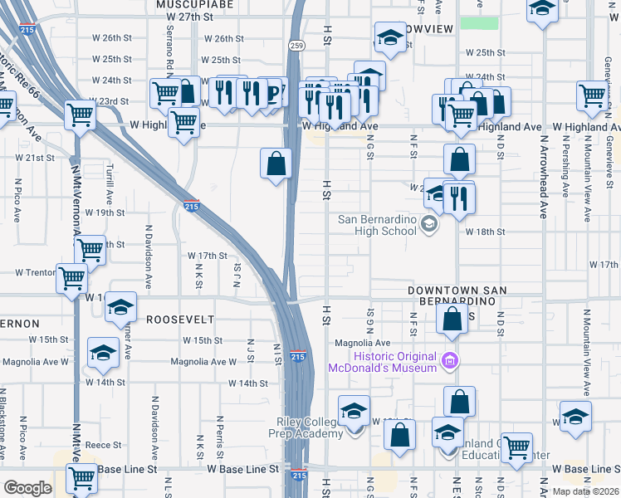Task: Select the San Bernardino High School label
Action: click(377, 225)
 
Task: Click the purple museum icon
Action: click(450, 361)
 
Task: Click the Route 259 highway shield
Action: click(296, 45)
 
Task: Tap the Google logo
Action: click(27, 487)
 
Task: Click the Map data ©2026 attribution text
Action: click(586, 491)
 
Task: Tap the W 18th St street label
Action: click(485, 232)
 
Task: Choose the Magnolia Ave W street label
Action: click(35, 361)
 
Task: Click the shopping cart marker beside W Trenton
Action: click(72, 276)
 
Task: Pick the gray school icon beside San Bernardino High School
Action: click(428, 222)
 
